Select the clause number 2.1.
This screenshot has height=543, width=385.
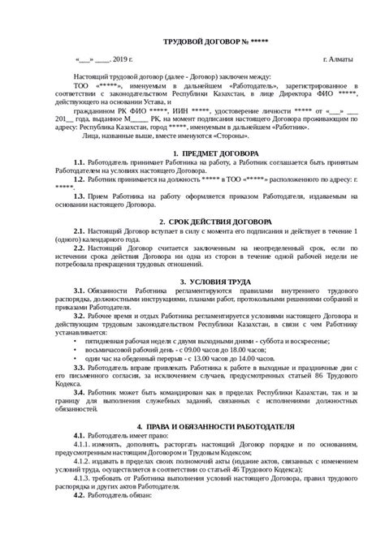(x=78, y=232)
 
